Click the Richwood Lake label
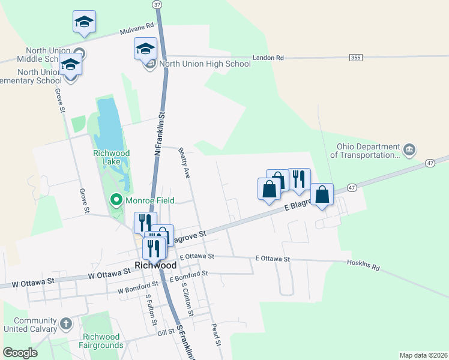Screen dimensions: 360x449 point(111,157)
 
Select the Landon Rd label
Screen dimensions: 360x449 point(268,58)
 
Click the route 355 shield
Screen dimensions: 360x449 point(356,57)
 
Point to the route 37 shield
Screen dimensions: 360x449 point(157,4)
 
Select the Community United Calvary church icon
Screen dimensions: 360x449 point(66,324)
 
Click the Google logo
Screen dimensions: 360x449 point(20,353)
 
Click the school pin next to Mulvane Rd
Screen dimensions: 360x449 point(85,22)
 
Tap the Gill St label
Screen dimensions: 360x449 point(165,332)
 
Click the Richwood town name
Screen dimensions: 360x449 point(155,265)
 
